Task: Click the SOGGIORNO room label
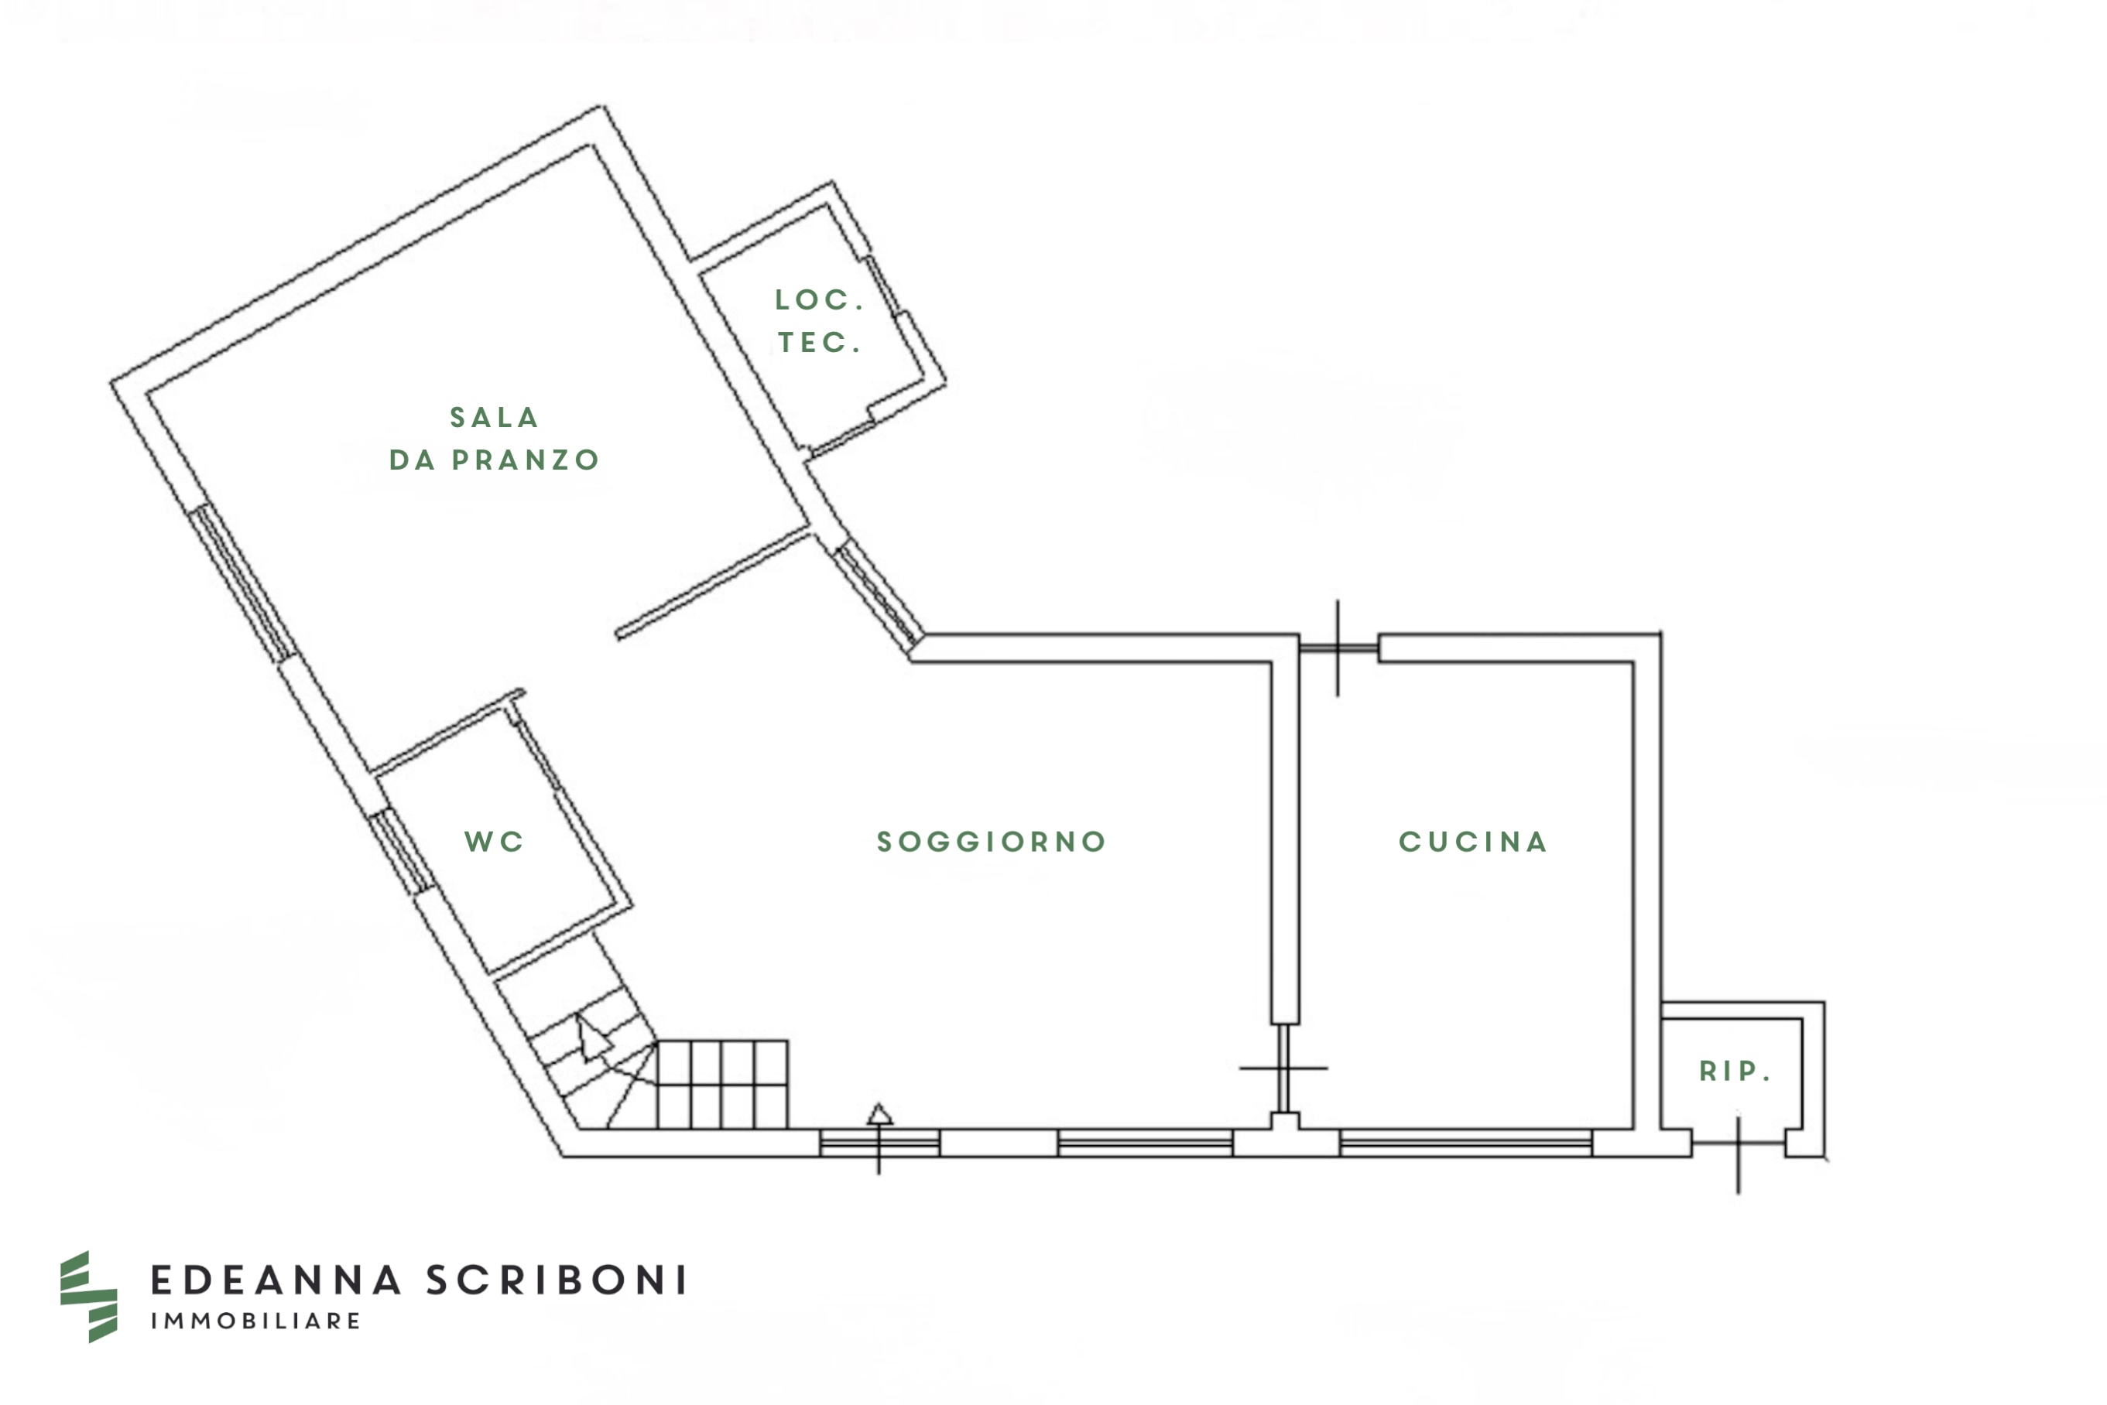coord(992,842)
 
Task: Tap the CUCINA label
coord(1473,842)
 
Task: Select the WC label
coord(494,842)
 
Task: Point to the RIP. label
coord(1734,1071)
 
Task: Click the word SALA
coord(494,418)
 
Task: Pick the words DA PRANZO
coord(494,460)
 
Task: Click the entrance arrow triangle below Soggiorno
coord(880,1114)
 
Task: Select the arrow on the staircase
coord(592,1039)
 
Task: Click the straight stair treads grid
coord(722,1084)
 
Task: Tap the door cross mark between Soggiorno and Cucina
coord(1283,1068)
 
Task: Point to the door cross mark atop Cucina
coord(1338,648)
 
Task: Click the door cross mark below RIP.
coord(1739,1144)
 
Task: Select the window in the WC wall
coord(401,851)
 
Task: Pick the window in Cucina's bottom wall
coord(1466,1143)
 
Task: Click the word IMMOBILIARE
coord(255,1321)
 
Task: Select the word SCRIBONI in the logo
coord(556,1280)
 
